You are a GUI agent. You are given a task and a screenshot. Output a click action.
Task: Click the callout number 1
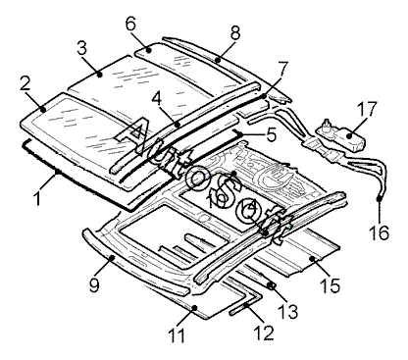click(38, 197)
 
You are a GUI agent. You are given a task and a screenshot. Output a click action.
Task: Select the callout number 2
click(25, 83)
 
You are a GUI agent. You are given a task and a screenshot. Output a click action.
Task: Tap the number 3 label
click(82, 48)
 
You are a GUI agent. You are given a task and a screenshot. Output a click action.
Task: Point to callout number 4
click(157, 98)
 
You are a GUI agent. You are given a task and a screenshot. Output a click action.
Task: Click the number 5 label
click(272, 134)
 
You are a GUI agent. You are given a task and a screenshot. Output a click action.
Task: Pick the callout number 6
click(130, 24)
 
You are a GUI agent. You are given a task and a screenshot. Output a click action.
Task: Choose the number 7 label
click(282, 70)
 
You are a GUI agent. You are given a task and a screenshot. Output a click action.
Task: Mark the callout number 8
click(235, 32)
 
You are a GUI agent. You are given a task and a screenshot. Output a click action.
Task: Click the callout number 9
click(94, 284)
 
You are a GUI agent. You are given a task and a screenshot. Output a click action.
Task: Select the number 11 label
click(177, 334)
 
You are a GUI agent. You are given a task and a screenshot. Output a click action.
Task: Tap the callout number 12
click(264, 333)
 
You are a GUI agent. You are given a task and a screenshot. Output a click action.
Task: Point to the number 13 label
click(287, 311)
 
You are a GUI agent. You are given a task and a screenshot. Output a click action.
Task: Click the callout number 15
click(331, 285)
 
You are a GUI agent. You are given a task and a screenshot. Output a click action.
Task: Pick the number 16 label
click(379, 232)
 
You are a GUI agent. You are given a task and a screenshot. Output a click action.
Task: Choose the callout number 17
click(367, 109)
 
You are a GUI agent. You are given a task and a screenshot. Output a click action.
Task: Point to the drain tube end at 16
click(380, 198)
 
